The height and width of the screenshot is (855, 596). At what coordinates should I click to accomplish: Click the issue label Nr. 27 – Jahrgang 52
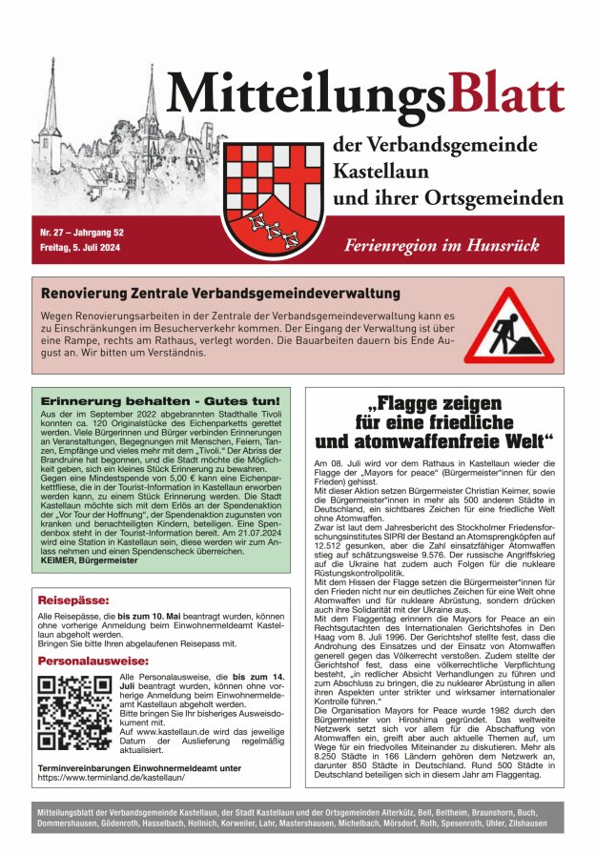[x=81, y=233]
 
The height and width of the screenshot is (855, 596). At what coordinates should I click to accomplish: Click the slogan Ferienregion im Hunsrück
[x=453, y=245]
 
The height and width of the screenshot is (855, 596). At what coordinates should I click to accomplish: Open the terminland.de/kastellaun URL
[x=112, y=778]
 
